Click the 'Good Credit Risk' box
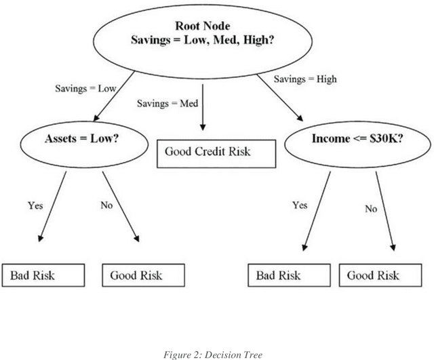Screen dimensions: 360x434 tap(217, 153)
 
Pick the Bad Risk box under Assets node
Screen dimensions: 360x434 tap(44, 275)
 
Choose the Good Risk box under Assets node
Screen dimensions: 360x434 tap(143, 275)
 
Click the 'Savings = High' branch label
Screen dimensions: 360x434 tap(305, 79)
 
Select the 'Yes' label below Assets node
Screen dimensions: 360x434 tap(36, 205)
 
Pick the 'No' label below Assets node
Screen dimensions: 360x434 tap(106, 205)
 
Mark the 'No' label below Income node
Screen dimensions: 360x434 tap(370, 209)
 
